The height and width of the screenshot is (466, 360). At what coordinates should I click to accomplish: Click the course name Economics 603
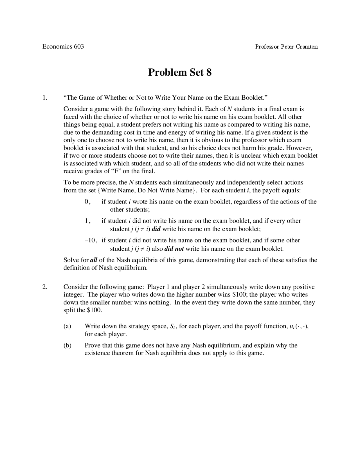pos(63,46)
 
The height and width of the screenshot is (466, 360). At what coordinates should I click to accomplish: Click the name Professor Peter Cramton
pos(286,47)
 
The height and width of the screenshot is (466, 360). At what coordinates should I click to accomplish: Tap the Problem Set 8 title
pos(180,72)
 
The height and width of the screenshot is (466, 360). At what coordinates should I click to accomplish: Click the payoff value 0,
pos(87,201)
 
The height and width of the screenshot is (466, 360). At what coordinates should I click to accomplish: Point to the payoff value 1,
pos(87,221)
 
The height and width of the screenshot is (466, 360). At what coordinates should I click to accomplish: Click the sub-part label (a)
pos(67,326)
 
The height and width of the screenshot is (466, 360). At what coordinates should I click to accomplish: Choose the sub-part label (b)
pos(67,345)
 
